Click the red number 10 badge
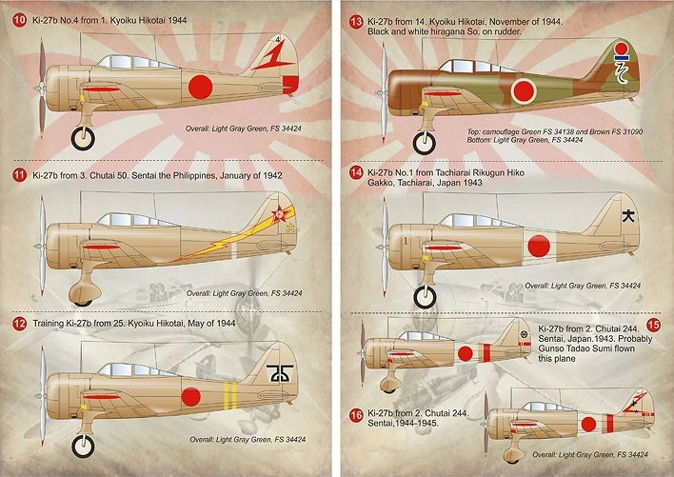tap(19, 20)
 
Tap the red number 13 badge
tap(356, 22)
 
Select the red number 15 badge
tap(653, 325)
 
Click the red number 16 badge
tap(356, 415)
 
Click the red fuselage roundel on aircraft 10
tap(200, 87)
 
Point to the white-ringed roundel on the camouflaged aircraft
tap(524, 90)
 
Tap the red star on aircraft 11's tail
tap(279, 213)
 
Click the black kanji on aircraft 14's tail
tap(628, 215)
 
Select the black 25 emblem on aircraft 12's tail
tap(280, 373)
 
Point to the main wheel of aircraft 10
tap(83, 138)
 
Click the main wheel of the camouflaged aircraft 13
tap(425, 143)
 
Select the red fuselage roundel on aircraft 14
tap(539, 247)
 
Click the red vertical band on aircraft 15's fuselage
tap(486, 353)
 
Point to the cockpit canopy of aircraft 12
tap(137, 369)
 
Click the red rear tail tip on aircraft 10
tap(290, 85)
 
